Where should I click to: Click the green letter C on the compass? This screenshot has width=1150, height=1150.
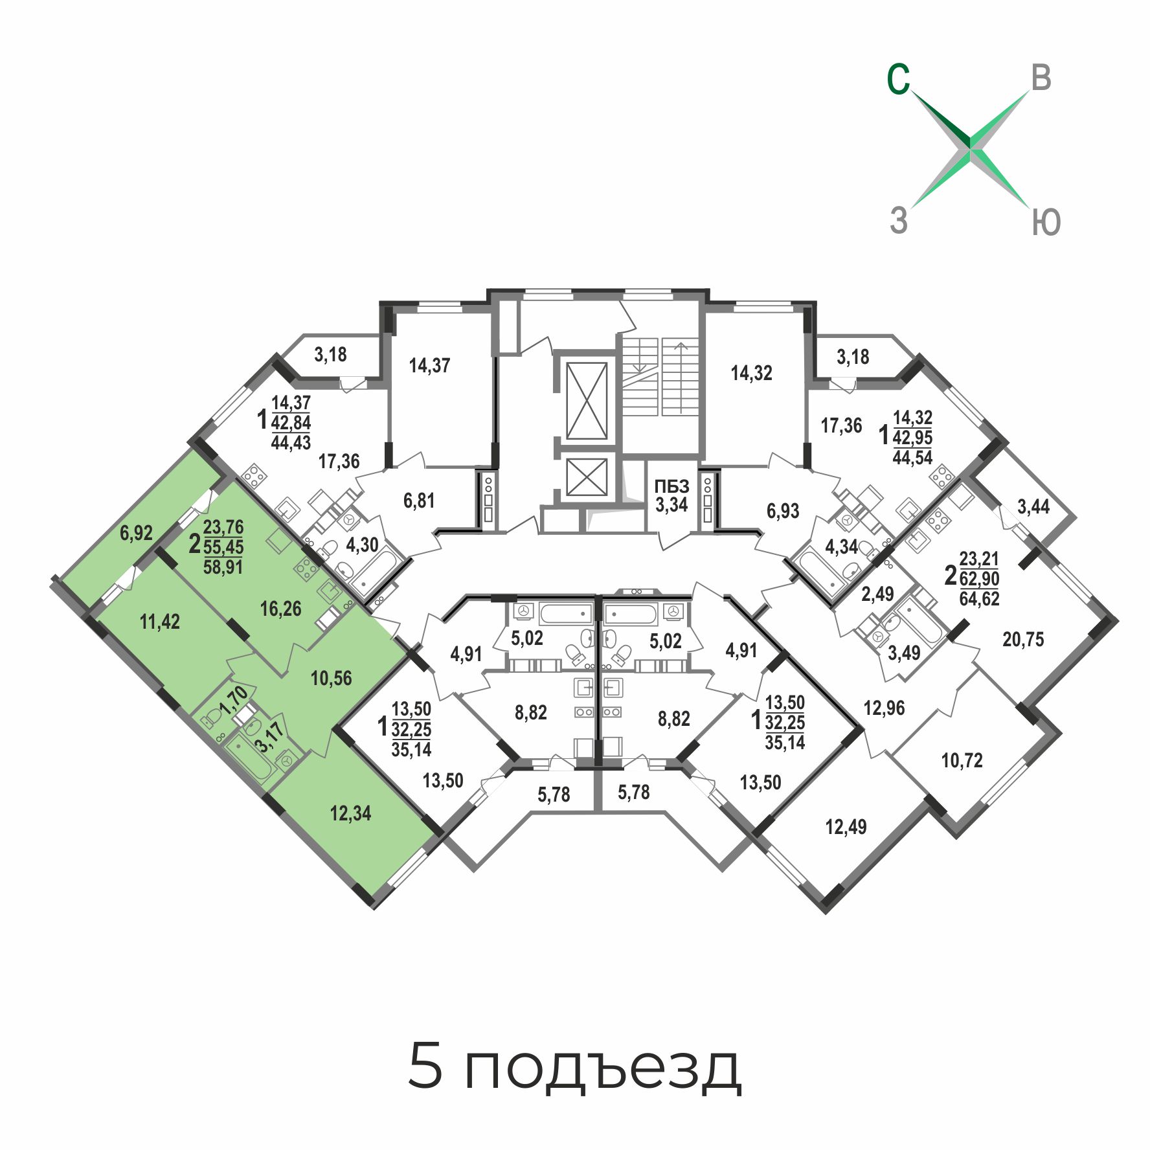(x=898, y=80)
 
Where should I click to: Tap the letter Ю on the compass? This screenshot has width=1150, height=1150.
(x=1045, y=222)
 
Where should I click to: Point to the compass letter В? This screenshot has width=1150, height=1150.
(x=1041, y=78)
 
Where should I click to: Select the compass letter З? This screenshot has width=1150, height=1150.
(x=899, y=220)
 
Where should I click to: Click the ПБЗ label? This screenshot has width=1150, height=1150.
(x=671, y=486)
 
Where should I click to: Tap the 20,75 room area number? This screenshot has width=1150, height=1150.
(x=1023, y=640)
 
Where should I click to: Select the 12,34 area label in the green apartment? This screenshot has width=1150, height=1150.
(x=350, y=813)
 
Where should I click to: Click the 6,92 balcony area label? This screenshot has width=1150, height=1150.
(x=136, y=533)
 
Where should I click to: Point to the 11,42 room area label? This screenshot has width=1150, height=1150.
(x=160, y=622)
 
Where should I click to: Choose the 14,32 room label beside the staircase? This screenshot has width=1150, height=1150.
(x=751, y=373)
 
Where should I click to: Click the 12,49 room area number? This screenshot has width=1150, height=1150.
(x=846, y=827)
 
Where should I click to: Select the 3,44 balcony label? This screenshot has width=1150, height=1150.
(x=1033, y=506)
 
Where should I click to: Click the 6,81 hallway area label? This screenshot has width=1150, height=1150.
(x=419, y=501)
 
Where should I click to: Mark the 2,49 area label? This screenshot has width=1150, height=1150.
(x=877, y=594)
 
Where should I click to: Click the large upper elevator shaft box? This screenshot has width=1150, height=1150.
(x=587, y=401)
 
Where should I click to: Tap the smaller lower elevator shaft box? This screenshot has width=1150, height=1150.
(x=587, y=477)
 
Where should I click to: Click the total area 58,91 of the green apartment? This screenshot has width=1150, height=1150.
(x=223, y=567)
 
